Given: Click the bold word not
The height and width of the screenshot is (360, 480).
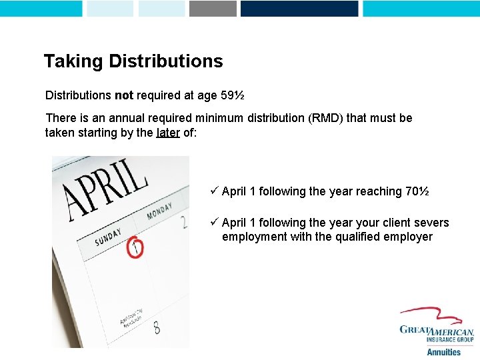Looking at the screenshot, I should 124,95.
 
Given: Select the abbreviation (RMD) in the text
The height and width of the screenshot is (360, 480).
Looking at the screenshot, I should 325,118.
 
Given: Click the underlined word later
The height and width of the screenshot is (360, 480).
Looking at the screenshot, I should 168,132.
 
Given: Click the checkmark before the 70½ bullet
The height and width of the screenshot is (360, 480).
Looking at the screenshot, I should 215,191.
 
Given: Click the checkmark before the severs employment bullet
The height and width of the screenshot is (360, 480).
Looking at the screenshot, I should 215,223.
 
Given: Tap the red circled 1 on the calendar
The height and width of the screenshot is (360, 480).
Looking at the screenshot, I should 135,248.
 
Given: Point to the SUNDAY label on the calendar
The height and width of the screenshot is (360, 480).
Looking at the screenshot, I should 108,237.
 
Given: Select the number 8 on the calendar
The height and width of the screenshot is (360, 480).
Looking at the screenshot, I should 156,327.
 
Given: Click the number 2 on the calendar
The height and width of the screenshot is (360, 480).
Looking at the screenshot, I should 183,222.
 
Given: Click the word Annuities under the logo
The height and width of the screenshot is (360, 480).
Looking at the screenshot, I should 443,351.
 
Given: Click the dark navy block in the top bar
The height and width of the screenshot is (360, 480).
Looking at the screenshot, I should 299,8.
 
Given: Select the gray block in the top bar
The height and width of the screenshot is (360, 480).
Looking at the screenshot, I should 213,8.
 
